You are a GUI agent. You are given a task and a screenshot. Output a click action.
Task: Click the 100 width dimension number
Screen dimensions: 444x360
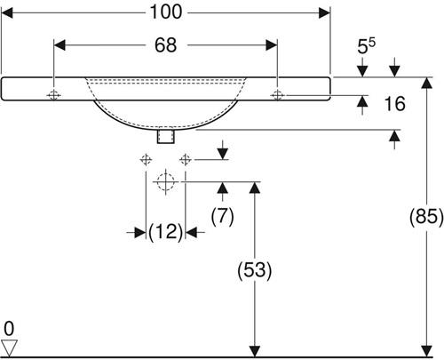click(x=166, y=12)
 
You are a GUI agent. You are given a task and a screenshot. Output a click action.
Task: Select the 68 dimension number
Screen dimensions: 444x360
click(x=166, y=45)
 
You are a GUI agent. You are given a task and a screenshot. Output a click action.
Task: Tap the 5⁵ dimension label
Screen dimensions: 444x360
click(x=366, y=45)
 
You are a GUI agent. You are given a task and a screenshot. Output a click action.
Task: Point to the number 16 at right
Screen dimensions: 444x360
click(x=394, y=104)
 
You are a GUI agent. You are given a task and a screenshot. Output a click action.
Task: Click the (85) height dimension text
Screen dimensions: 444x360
click(x=426, y=216)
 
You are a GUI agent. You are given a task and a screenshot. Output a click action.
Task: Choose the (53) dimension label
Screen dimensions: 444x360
click(x=255, y=270)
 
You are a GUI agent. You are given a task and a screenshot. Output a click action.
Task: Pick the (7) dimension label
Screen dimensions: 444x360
click(x=223, y=216)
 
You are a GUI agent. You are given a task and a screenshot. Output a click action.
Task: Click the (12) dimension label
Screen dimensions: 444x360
click(x=166, y=232)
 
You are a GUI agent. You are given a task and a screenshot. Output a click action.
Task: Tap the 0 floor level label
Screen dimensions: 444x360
click(x=9, y=329)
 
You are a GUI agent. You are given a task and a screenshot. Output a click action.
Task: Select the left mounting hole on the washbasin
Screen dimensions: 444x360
click(x=53, y=95)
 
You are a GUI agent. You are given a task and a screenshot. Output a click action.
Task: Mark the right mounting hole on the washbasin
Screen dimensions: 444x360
click(x=277, y=95)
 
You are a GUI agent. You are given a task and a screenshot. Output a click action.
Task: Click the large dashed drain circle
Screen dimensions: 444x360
click(x=165, y=181)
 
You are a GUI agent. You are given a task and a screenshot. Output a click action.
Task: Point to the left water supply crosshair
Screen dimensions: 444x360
click(x=146, y=160)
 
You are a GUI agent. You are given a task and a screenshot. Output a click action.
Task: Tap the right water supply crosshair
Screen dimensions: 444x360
click(x=186, y=160)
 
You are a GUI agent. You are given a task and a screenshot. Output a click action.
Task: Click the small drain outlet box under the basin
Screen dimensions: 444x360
click(x=166, y=136)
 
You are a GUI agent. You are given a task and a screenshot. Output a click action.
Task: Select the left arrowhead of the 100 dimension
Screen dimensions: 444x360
click(x=7, y=12)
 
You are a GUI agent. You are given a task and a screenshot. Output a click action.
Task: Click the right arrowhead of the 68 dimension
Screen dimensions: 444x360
click(x=272, y=45)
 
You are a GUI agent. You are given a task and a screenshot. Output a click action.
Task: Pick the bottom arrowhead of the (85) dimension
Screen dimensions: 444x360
click(x=426, y=351)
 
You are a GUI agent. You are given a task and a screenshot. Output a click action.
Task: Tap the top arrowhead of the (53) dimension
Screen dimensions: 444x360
click(x=255, y=188)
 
